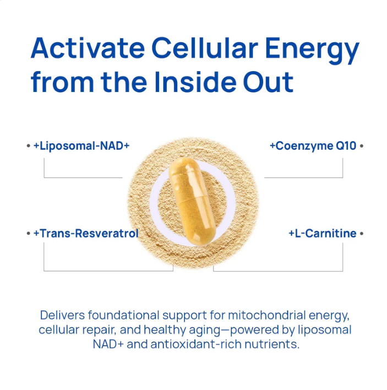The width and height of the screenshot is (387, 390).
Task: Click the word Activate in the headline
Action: coord(88,48)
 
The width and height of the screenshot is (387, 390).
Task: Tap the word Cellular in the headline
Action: coord(205,48)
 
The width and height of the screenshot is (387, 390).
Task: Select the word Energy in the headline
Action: coord(312,51)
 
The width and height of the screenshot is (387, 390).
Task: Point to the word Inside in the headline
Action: coord(195,82)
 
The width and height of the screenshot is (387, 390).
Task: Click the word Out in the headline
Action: coord(268,82)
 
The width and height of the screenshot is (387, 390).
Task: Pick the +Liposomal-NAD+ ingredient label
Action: coord(81,146)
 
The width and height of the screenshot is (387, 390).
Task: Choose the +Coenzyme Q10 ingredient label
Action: coord(313,146)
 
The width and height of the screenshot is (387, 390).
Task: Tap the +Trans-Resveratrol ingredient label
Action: coord(86,234)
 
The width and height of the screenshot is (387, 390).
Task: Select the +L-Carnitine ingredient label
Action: coord(323,234)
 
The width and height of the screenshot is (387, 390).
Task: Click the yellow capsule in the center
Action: coord(192,201)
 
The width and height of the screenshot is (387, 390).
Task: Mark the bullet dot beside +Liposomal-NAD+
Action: coord(28,146)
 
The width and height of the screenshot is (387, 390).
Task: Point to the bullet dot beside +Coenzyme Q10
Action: coord(362,146)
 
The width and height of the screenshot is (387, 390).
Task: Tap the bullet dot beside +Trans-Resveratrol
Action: coord(28,234)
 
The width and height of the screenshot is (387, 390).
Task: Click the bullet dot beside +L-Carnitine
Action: coord(362,234)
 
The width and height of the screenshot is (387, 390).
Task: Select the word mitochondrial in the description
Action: coord(266,315)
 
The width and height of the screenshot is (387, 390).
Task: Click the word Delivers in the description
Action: coord(63,315)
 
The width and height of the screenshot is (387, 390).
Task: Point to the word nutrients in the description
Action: coord(272,344)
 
